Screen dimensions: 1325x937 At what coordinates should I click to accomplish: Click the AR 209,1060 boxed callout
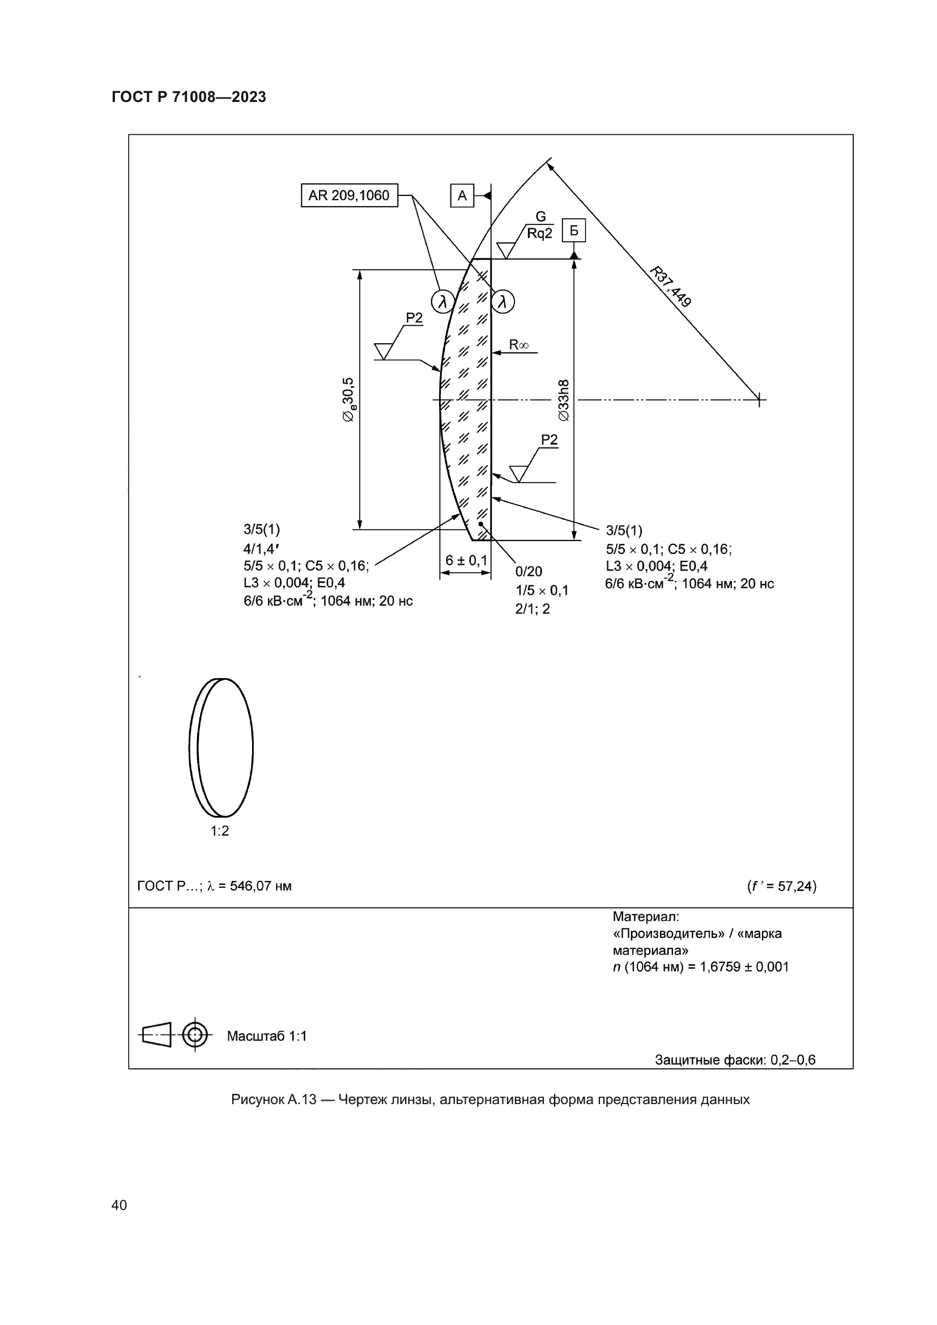349,195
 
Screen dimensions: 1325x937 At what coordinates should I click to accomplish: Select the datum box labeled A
462,195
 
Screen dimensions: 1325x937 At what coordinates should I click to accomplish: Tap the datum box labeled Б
573,231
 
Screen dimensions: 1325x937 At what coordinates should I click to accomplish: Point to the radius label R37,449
670,286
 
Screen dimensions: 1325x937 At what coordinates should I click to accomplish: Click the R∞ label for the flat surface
518,345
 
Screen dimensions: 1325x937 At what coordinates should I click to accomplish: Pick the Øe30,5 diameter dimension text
349,400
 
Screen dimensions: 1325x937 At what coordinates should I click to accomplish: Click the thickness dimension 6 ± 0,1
466,560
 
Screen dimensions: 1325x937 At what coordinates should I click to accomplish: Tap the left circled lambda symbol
442,301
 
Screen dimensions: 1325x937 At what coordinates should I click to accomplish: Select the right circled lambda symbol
502,301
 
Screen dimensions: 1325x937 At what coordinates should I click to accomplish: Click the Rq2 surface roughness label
539,233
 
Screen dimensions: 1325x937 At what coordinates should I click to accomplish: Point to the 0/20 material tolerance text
529,572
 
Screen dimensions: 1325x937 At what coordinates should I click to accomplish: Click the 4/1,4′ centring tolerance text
261,548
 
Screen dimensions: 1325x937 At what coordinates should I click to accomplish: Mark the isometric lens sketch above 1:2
221,747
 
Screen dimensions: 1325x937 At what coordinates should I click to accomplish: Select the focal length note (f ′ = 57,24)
781,886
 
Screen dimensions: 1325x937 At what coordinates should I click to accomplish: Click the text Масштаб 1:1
267,1036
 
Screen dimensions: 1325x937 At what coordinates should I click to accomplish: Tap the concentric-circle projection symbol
195,1035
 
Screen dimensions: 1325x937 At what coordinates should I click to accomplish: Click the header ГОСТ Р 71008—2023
189,97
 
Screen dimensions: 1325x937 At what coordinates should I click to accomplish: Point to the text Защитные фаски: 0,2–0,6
735,1060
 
